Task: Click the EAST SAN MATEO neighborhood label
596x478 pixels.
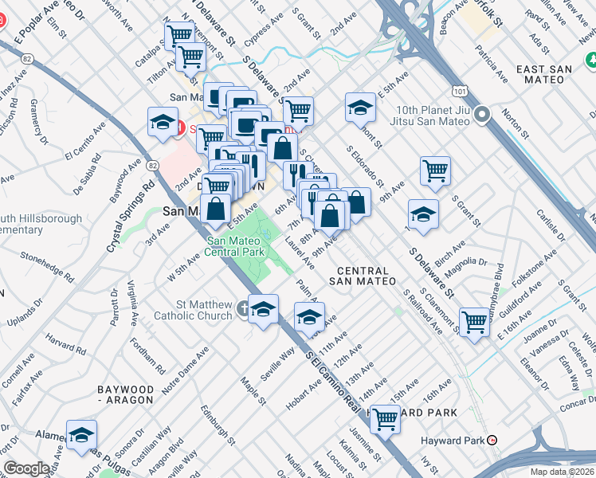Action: (544, 69)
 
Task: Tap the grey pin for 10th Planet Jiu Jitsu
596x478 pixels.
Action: (481, 117)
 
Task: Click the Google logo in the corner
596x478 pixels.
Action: (26, 468)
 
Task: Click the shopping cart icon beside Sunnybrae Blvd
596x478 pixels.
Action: (474, 322)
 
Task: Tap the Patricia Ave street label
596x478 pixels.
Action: (491, 64)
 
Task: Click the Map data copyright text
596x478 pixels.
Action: (563, 472)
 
